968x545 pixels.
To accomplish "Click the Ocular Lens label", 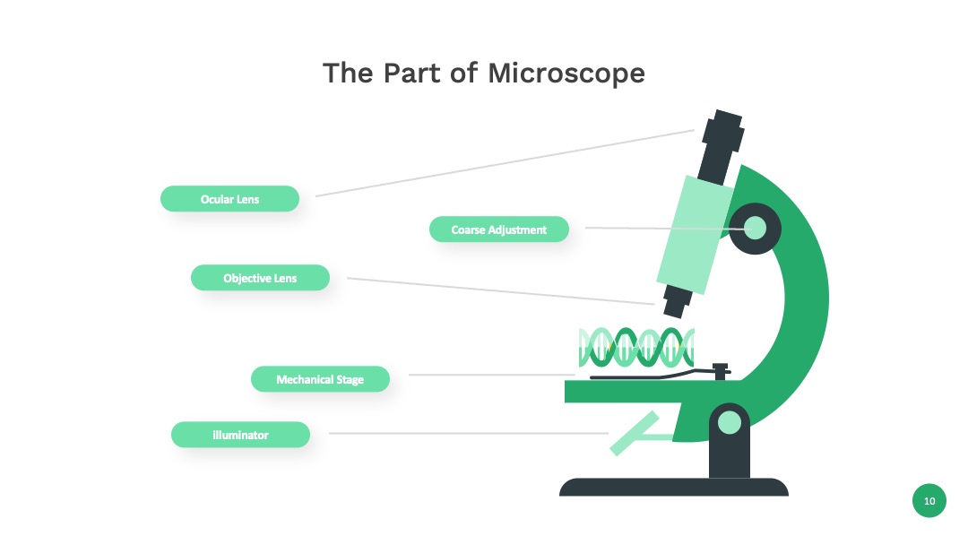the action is pos(229,199).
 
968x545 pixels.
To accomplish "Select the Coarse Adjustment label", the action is pos(499,229).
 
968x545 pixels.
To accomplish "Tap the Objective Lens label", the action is pos(260,278).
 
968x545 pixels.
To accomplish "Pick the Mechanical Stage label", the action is pos(320,379).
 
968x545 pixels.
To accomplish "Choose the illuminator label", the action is pos(240,435).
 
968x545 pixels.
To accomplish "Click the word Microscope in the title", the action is pos(566,73).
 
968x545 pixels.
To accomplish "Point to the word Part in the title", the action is pos(411,73).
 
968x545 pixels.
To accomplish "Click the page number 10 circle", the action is pos(929,500).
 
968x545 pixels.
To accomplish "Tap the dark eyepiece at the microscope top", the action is pos(721,147).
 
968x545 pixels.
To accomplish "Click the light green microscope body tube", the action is pos(696,235).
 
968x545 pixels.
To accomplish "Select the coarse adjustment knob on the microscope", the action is pos(755,229).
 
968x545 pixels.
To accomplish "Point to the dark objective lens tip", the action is pos(677,302).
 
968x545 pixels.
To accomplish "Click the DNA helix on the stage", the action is pos(636,348).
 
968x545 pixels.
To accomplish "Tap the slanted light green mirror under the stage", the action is pos(634,434).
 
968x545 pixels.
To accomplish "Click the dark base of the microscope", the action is pos(673,487).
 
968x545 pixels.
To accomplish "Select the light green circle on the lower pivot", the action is pos(730,423).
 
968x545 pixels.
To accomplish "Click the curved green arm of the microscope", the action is pos(802,297).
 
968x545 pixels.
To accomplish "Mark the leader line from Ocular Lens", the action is pos(505,163).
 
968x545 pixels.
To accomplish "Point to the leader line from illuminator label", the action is pos(469,433).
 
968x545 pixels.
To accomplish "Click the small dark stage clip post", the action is pos(721,372).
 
